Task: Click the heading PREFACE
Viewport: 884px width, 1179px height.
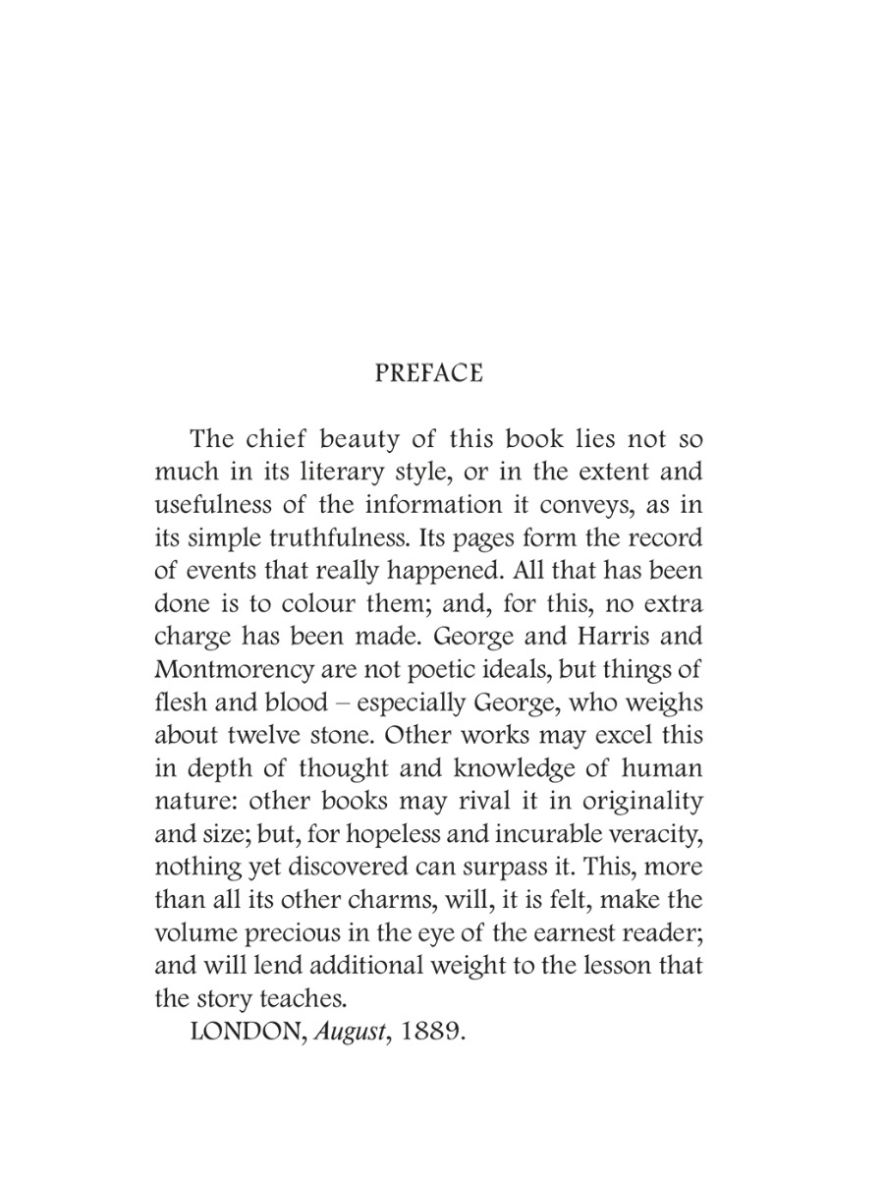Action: coord(428,374)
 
